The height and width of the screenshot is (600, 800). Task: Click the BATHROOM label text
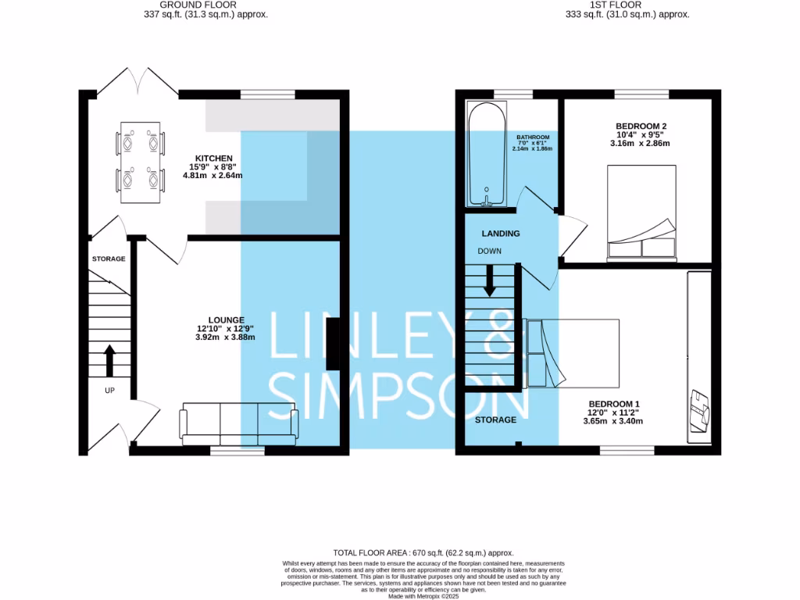533,137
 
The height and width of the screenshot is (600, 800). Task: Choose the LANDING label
501,233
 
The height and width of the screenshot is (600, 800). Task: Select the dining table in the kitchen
141,162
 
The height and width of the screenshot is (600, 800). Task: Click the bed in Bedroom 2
641,212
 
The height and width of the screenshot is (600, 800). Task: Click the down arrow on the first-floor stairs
490,280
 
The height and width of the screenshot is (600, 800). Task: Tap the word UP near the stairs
109,389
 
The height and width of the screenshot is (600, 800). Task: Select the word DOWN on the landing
490,251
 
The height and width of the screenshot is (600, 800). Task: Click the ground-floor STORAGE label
109,259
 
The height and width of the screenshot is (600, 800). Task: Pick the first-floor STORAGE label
496,420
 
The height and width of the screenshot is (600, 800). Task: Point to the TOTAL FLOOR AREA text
423,552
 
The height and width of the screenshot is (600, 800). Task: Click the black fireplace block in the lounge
333,347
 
